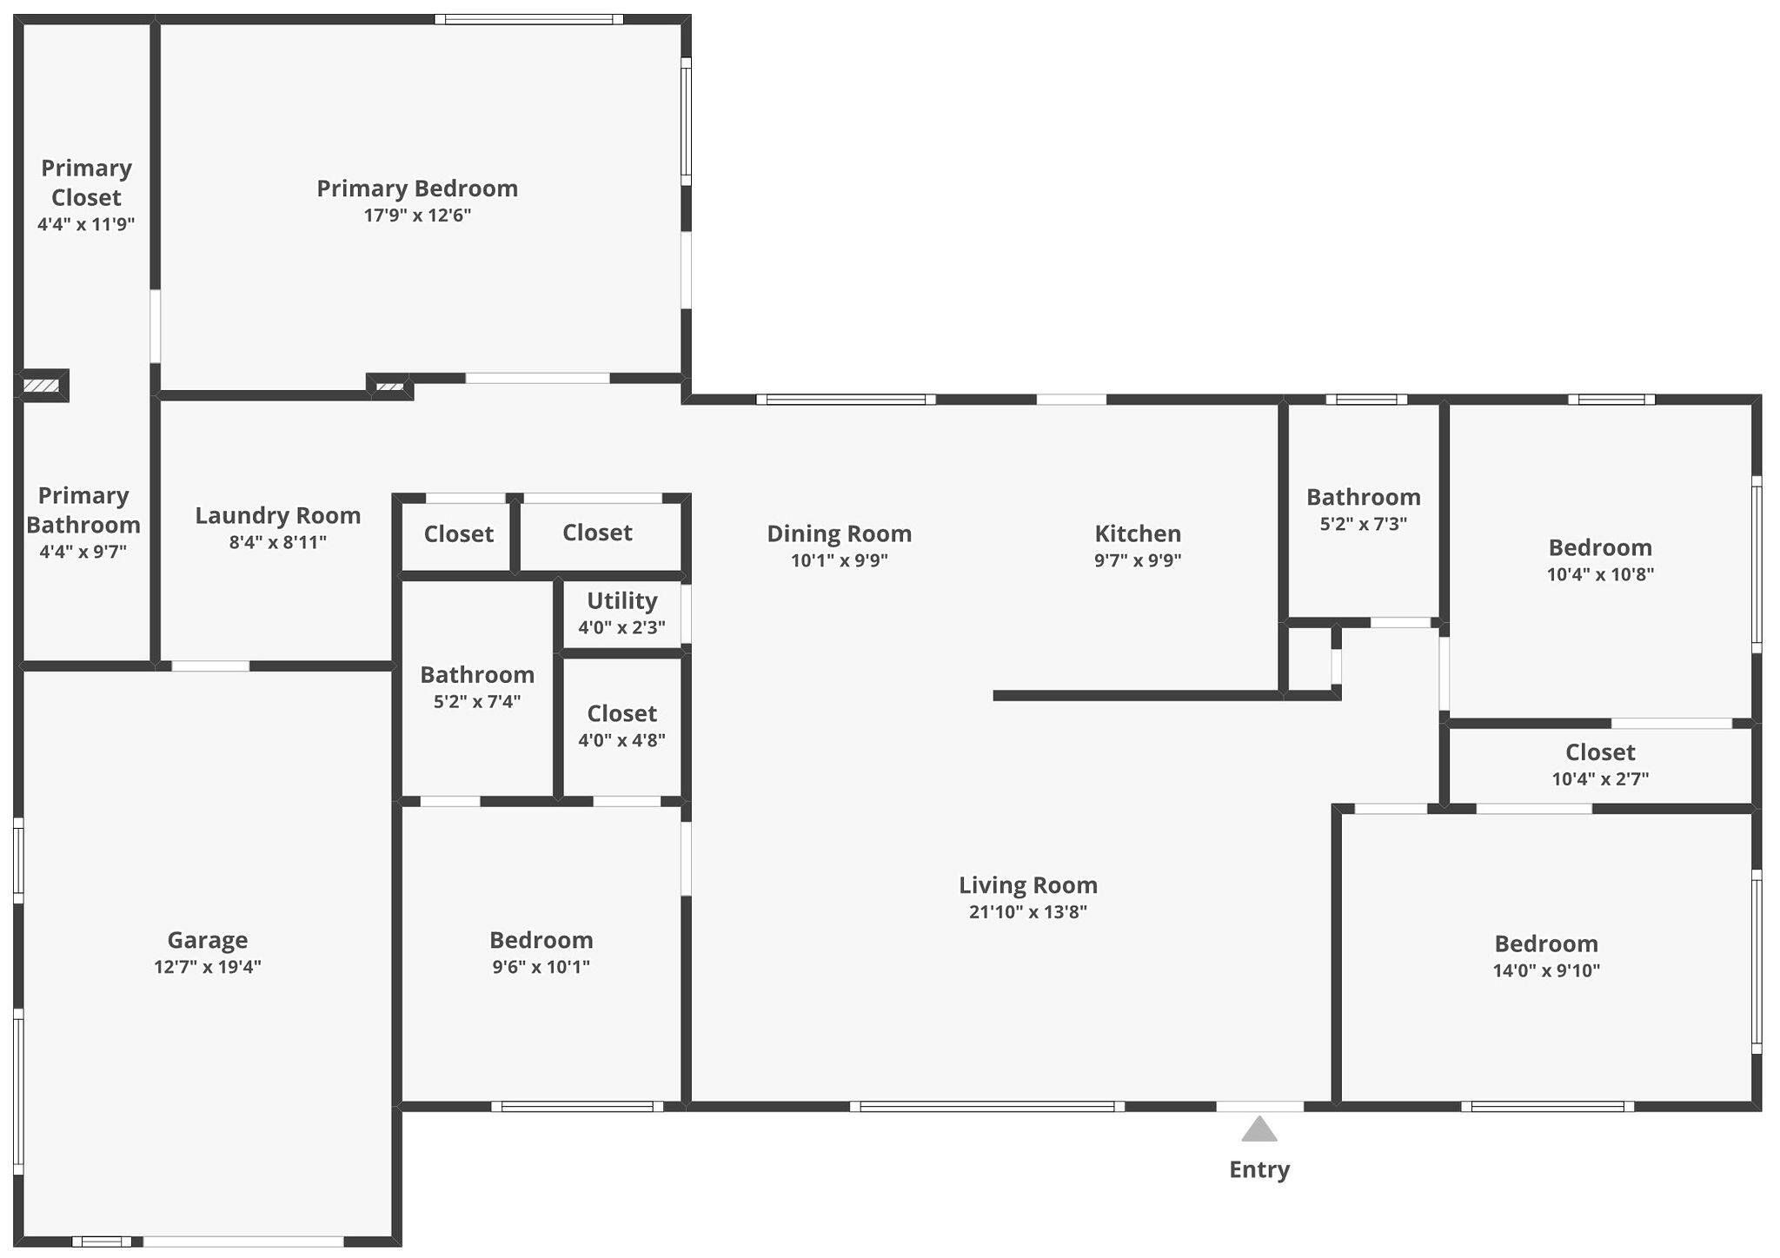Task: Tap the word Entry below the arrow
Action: pyautogui.click(x=1259, y=1169)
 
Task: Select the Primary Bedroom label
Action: pyautogui.click(x=417, y=189)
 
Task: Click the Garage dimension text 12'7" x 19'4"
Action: pyautogui.click(x=208, y=967)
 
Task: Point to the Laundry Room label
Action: pyautogui.click(x=278, y=515)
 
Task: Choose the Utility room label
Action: pyautogui.click(x=622, y=600)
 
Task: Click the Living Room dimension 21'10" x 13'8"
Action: pyautogui.click(x=1028, y=911)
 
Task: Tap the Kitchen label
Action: pyautogui.click(x=1138, y=533)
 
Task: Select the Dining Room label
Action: pyautogui.click(x=840, y=533)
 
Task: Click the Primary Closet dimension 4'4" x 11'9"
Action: pyautogui.click(x=86, y=224)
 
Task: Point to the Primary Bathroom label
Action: pyautogui.click(x=83, y=510)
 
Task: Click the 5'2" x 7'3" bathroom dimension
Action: pyautogui.click(x=1364, y=524)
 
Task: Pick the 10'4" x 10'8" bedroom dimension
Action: pyautogui.click(x=1600, y=574)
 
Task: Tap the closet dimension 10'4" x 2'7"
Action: pyautogui.click(x=1600, y=779)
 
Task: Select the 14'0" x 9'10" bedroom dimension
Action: pyautogui.click(x=1546, y=970)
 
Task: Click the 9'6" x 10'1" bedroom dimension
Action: pyautogui.click(x=541, y=967)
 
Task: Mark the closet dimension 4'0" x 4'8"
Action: pyautogui.click(x=622, y=740)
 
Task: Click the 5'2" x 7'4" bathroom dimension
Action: pyautogui.click(x=477, y=701)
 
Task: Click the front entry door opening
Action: pyautogui.click(x=1259, y=1106)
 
